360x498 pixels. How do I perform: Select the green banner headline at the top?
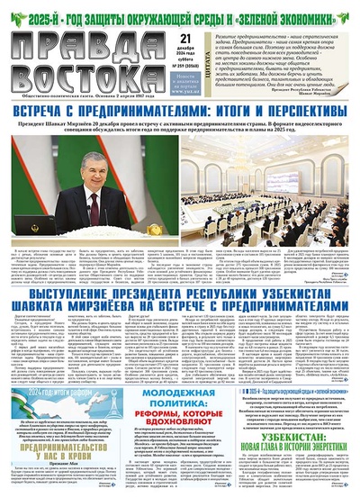click(x=180, y=11)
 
